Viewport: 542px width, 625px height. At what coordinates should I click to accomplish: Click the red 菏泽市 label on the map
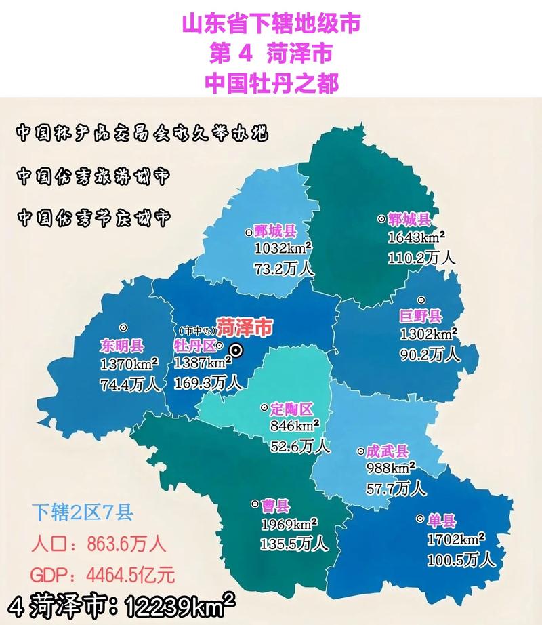click(245, 327)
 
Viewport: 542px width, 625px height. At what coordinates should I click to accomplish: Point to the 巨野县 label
click(421, 316)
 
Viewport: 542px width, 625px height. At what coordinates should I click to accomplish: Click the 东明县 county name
click(122, 346)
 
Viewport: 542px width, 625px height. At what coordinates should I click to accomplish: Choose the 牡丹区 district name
click(194, 346)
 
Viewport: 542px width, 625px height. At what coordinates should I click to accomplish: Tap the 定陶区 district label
click(291, 409)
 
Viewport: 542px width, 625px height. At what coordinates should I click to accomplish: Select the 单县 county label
click(442, 521)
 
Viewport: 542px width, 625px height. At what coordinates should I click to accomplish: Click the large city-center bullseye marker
click(236, 350)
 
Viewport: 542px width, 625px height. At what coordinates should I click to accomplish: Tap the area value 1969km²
click(289, 525)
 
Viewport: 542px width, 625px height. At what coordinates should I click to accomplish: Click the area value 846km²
click(295, 427)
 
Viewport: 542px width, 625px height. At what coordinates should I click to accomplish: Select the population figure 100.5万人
click(461, 561)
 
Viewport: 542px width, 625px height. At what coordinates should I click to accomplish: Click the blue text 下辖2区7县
click(83, 512)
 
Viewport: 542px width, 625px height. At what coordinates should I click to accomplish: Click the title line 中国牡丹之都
click(271, 83)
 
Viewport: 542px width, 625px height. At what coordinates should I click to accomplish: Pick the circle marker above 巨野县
click(421, 300)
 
